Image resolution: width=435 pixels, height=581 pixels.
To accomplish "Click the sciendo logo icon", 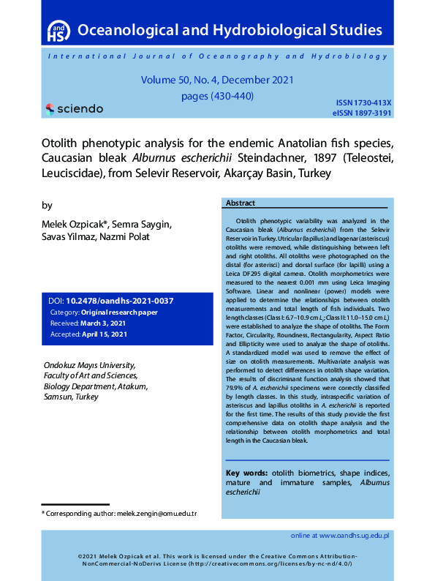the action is click(50, 109).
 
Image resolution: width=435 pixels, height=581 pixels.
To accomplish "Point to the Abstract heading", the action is click(241, 203).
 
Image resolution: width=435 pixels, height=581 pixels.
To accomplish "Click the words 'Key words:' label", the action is click(246, 473).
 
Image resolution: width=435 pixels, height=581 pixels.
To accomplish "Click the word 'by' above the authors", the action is click(48, 206).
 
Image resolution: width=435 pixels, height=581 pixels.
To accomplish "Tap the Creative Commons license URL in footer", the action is click(271, 564).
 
